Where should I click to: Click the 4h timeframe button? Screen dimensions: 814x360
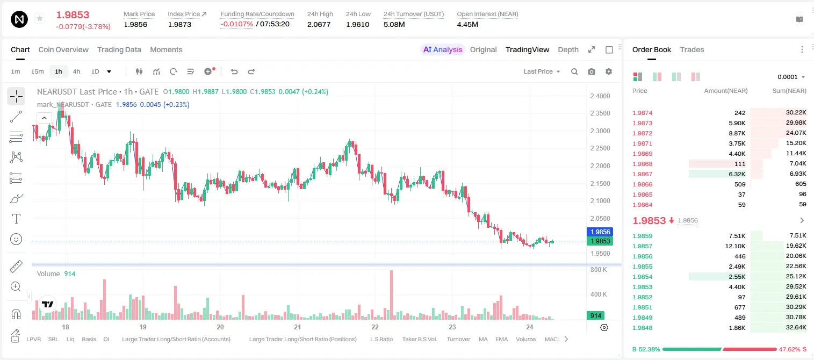coord(76,71)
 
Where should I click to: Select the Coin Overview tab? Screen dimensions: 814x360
coord(63,49)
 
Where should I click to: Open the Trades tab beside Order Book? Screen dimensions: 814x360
coord(691,49)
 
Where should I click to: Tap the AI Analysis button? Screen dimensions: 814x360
coord(443,49)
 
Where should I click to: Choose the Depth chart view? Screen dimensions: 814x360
coord(568,49)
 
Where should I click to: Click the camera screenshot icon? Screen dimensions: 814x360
coord(591,71)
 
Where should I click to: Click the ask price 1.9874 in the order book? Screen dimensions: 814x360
coord(642,113)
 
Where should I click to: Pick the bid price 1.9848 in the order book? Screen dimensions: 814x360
coord(642,328)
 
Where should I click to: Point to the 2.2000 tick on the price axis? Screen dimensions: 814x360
coord(600,166)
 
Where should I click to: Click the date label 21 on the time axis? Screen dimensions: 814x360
coord(297,327)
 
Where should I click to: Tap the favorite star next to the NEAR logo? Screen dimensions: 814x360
coord(40,18)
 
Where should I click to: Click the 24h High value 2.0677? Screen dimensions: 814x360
coord(319,24)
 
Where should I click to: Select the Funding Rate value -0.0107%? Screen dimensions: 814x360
coord(236,24)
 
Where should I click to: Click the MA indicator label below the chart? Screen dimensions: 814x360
coord(483,339)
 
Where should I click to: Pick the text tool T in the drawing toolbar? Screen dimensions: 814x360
coord(16,219)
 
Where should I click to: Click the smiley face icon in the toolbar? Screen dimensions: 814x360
coord(16,239)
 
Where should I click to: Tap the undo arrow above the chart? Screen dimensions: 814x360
coord(234,71)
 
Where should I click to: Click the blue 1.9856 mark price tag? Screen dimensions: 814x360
coord(600,232)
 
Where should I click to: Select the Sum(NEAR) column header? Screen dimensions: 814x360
coord(789,91)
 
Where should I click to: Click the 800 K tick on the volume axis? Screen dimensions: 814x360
coord(599,270)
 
